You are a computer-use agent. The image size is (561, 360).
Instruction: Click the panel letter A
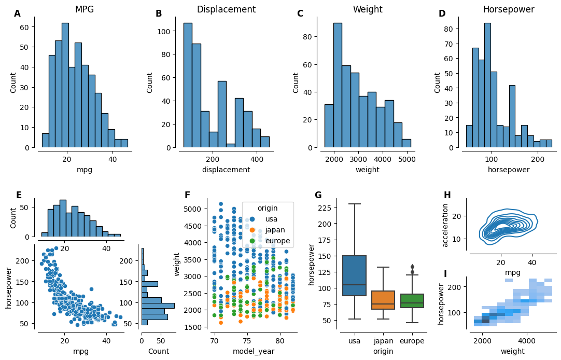18,14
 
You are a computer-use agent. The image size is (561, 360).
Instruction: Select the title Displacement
226,9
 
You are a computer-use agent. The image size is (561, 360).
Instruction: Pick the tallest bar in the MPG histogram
65,86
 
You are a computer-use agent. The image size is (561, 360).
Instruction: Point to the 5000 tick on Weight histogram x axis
408,159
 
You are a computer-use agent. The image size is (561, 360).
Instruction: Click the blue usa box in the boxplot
355,275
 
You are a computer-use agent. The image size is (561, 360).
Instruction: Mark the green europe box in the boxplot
412,301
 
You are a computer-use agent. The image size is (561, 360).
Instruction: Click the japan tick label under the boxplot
383,341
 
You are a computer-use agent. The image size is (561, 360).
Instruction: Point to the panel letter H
447,195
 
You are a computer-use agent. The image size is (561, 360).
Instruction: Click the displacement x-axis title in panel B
226,170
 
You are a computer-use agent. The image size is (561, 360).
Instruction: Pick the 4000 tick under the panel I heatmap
527,341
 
